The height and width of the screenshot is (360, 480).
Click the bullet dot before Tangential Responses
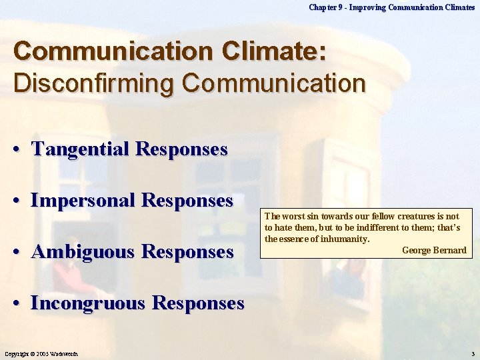pyautogui.click(x=21, y=149)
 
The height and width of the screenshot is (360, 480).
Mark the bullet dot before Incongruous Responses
pyautogui.click(x=21, y=304)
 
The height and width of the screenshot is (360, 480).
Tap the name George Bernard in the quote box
pyautogui.click(x=434, y=250)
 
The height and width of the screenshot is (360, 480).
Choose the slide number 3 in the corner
pyautogui.click(x=473, y=353)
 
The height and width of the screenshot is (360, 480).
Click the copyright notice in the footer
pyautogui.click(x=43, y=353)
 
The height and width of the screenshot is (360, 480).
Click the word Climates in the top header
pyautogui.click(x=457, y=7)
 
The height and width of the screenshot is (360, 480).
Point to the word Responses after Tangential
pyautogui.click(x=181, y=149)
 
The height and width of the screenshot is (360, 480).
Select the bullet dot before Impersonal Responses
pyautogui.click(x=21, y=201)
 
